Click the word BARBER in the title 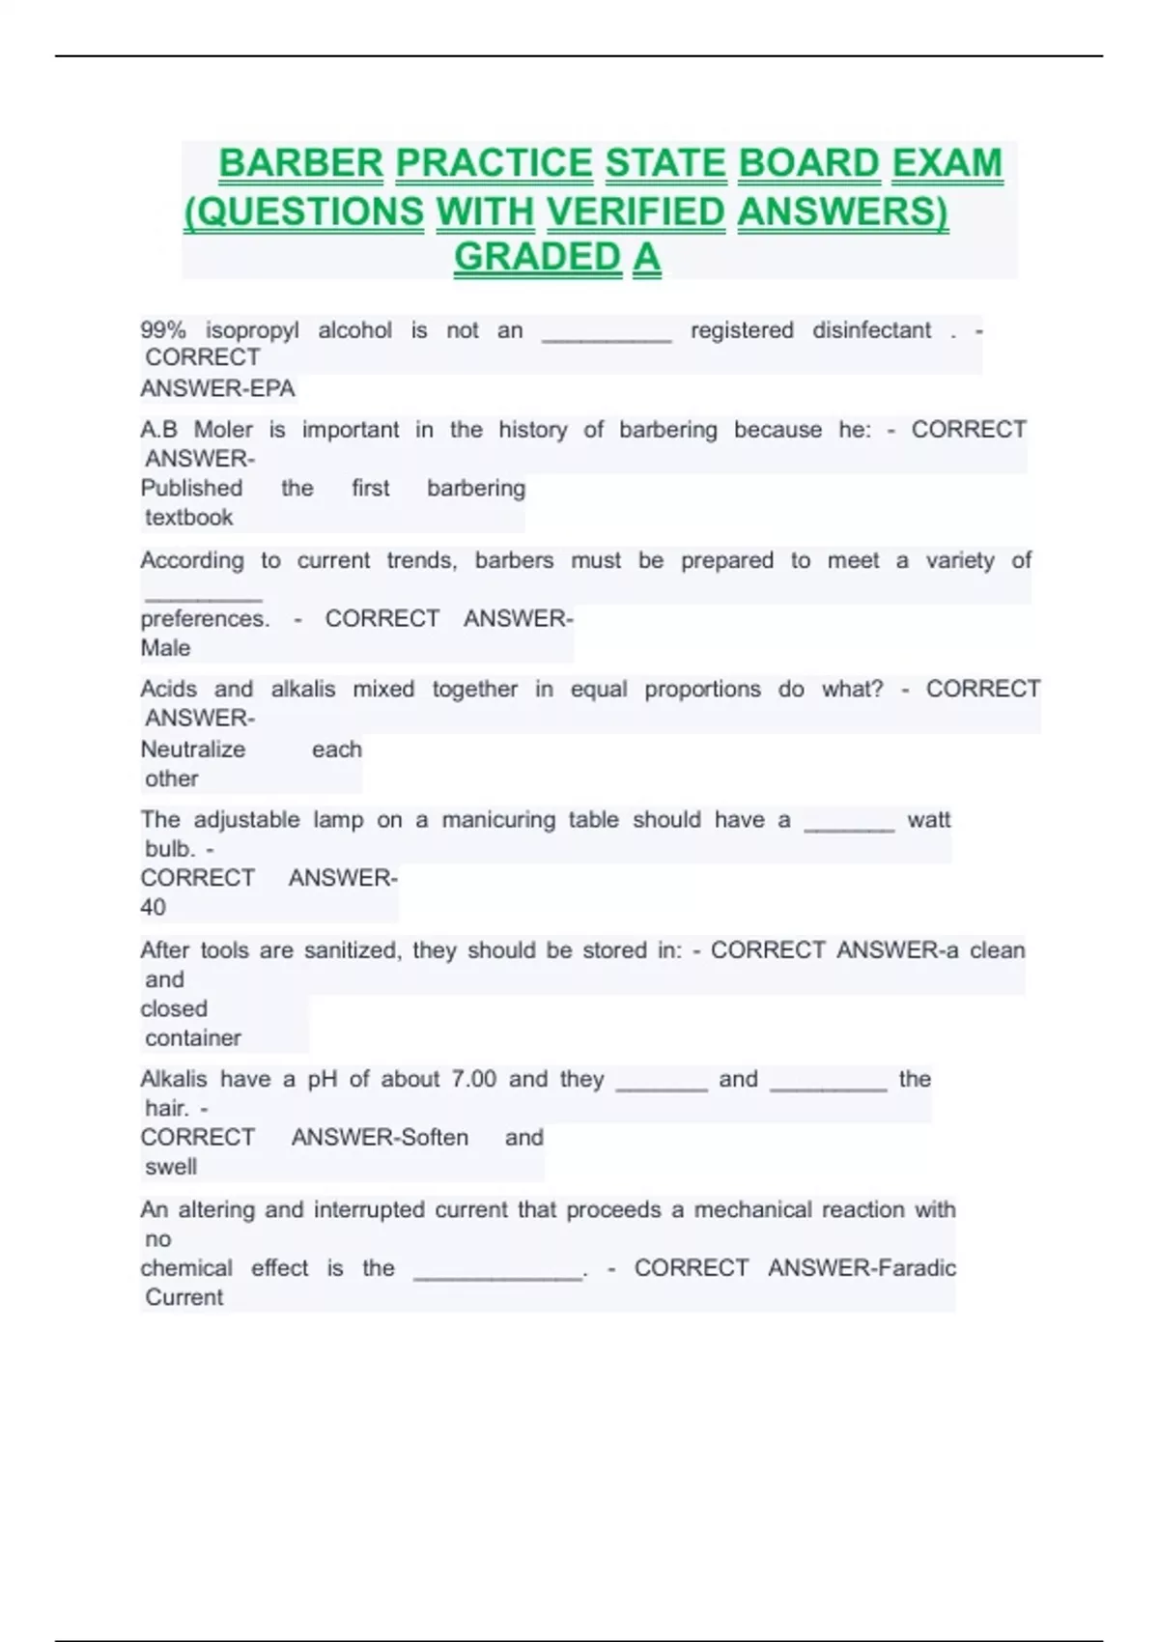pos(300,163)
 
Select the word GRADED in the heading pos(537,257)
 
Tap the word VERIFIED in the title pos(636,212)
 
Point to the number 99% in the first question pos(163,330)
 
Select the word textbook pos(189,518)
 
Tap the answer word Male pos(165,648)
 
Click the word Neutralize pos(193,750)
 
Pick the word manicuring pos(498,820)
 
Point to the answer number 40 pos(153,907)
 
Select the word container pos(193,1038)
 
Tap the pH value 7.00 pos(474,1079)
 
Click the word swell pos(171,1167)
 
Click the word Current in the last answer pos(184,1297)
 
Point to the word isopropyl pos(252,330)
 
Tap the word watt pos(929,820)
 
